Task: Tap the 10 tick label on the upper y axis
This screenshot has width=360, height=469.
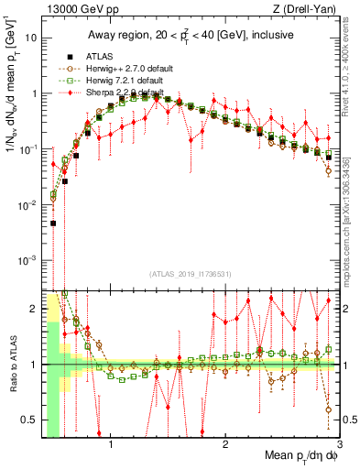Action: click(30, 38)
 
